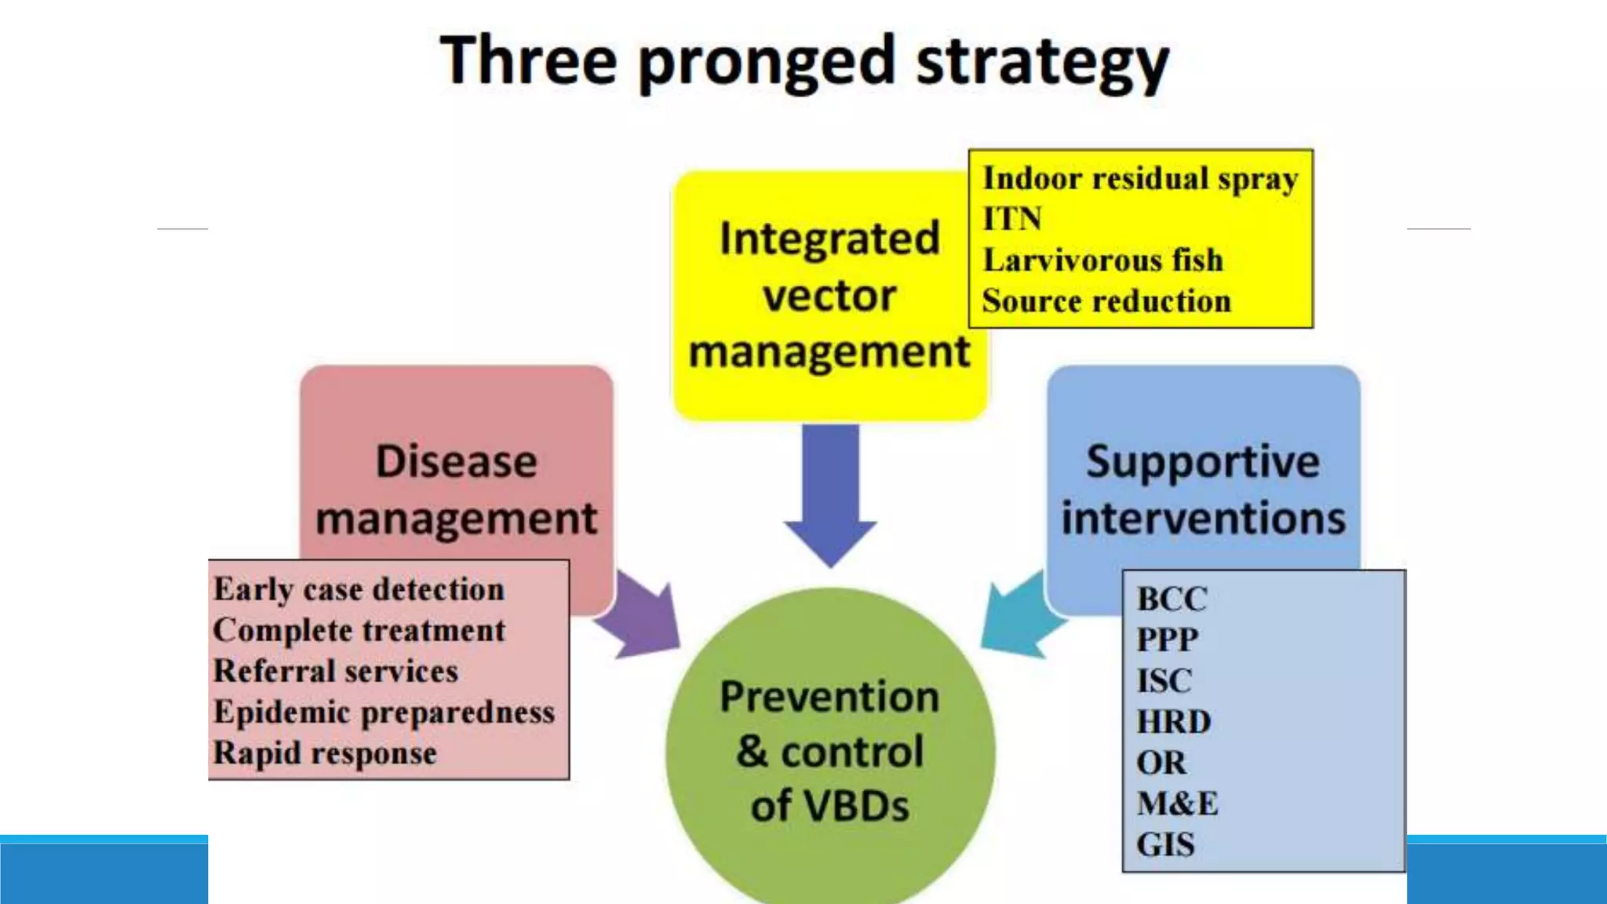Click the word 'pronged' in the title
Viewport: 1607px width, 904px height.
point(767,63)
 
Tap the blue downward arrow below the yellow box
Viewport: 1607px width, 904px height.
point(830,494)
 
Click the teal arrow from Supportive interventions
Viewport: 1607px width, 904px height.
point(1020,616)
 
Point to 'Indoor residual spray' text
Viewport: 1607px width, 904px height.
point(1140,179)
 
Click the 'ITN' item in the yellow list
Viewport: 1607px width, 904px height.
point(1012,219)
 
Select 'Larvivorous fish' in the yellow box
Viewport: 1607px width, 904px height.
point(1102,261)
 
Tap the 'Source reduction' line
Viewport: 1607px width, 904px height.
point(1106,301)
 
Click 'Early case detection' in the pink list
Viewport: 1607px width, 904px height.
point(359,589)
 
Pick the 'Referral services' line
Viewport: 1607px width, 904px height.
point(336,671)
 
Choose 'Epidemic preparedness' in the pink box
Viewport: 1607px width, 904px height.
point(384,712)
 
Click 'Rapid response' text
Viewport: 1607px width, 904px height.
point(325,753)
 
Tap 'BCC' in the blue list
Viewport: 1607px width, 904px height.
point(1172,600)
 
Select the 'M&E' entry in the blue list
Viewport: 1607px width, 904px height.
point(1177,804)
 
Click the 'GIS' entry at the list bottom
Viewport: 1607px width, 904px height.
point(1165,845)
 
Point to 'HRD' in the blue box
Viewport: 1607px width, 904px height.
point(1174,722)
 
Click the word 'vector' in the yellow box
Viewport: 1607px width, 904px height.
point(829,296)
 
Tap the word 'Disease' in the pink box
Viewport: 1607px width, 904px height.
point(456,461)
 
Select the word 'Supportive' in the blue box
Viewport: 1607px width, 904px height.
point(1203,461)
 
